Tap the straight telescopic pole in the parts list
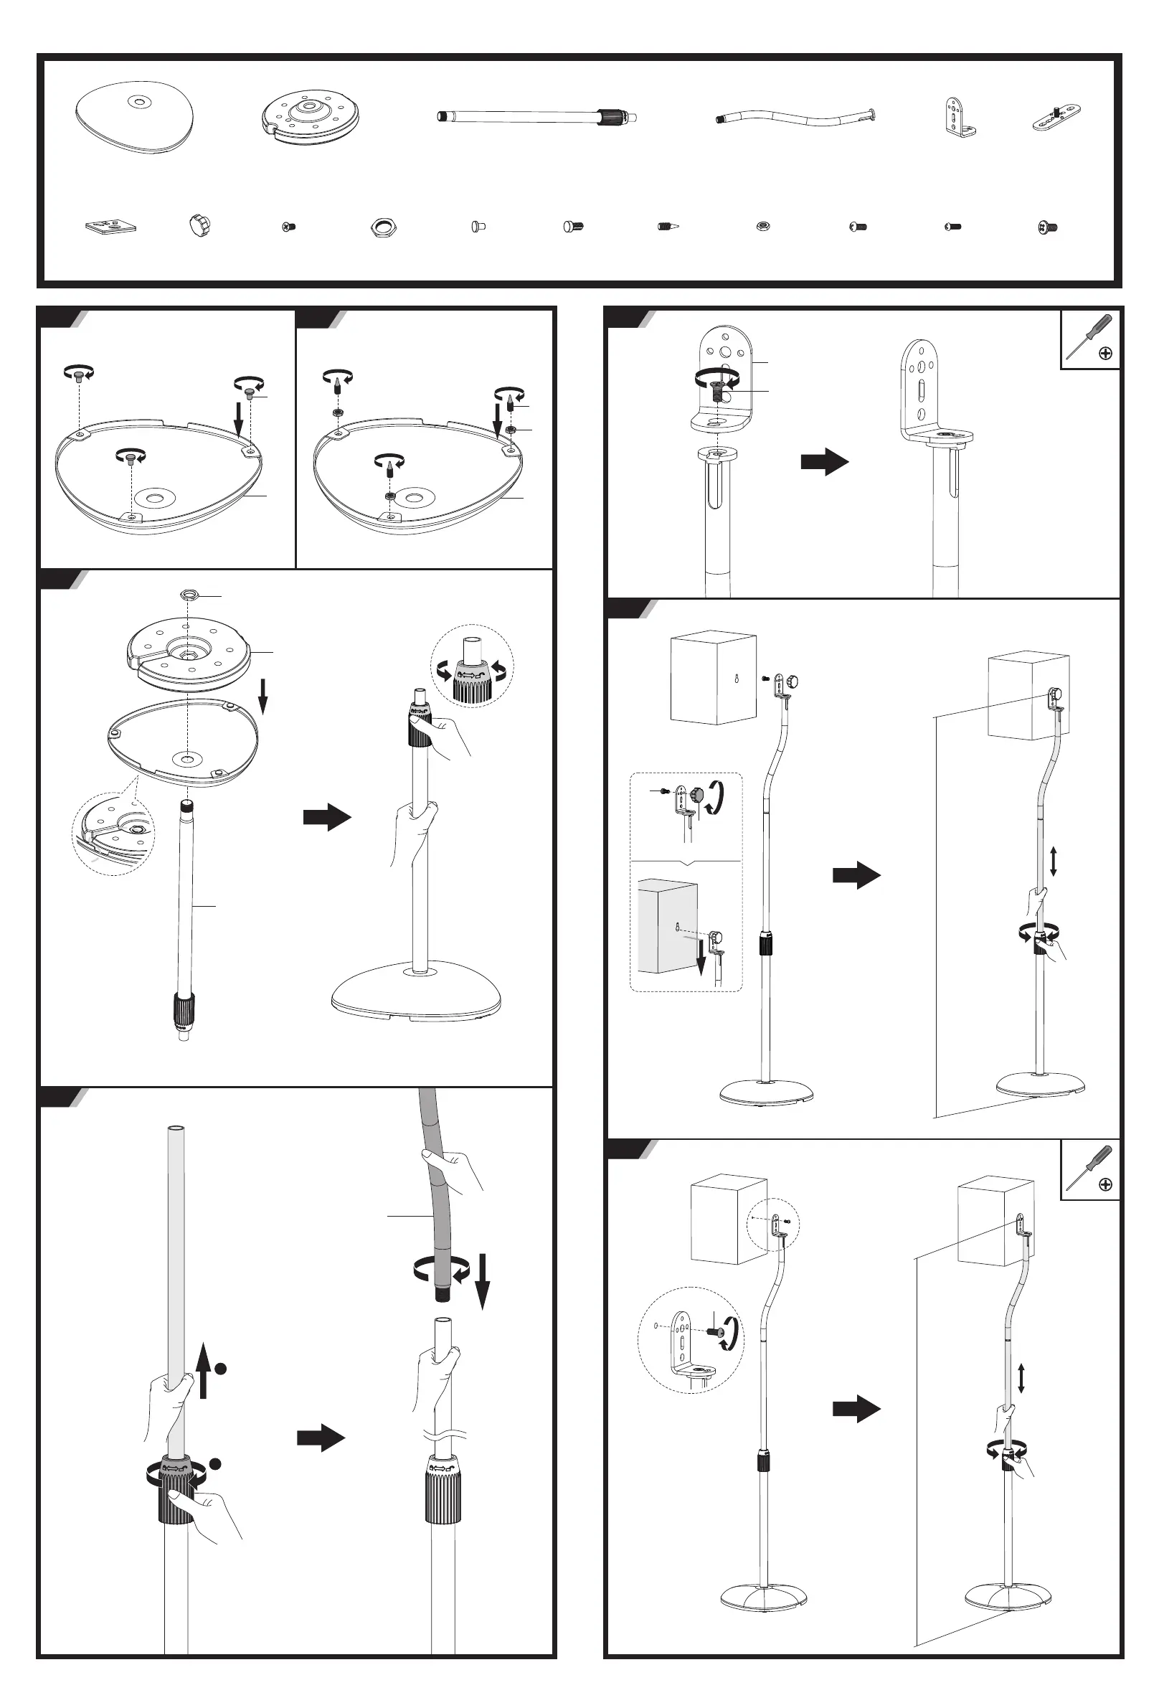tap(536, 116)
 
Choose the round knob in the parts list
tap(199, 225)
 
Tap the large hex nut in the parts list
tap(383, 227)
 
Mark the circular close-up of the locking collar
tap(471, 667)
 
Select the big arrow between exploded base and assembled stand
tap(327, 816)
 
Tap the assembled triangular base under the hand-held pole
tap(416, 994)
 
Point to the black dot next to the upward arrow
tap(219, 1369)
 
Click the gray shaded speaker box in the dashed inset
tap(667, 926)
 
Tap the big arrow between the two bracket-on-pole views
tap(825, 461)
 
